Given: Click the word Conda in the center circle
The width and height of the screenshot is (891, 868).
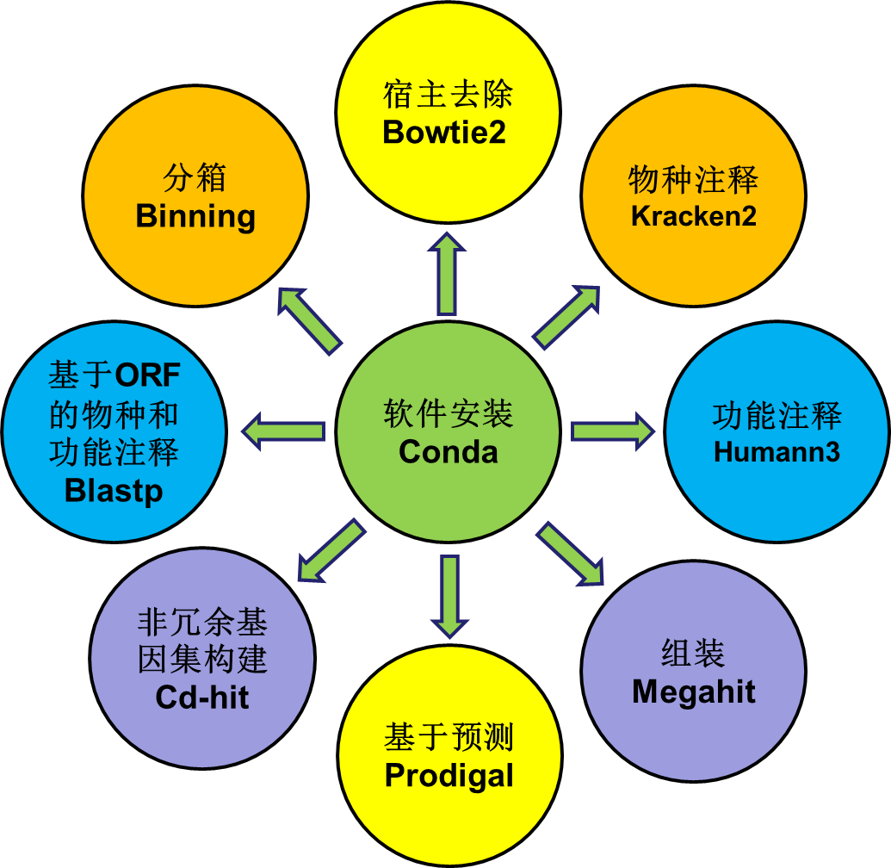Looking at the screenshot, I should [449, 451].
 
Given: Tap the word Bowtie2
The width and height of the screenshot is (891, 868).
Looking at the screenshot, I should [444, 133].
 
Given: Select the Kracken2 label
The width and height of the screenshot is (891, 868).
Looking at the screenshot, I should [694, 216].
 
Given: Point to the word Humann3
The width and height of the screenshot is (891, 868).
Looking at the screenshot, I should [777, 451].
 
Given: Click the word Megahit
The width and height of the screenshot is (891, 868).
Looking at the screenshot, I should [694, 691].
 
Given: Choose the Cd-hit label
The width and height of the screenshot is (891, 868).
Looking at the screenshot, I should [202, 696].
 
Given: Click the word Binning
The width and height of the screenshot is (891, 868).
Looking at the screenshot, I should [196, 216].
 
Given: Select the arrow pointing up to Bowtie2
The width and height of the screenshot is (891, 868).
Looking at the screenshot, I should [447, 276].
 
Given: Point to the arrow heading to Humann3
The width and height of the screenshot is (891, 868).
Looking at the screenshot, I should [612, 430].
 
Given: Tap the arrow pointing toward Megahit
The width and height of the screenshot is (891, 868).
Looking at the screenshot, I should [571, 554].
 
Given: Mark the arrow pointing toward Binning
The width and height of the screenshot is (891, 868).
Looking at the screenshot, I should [310, 319].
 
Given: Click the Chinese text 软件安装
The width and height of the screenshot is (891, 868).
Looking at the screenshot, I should [449, 414].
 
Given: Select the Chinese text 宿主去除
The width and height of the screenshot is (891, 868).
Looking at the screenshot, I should [448, 94].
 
